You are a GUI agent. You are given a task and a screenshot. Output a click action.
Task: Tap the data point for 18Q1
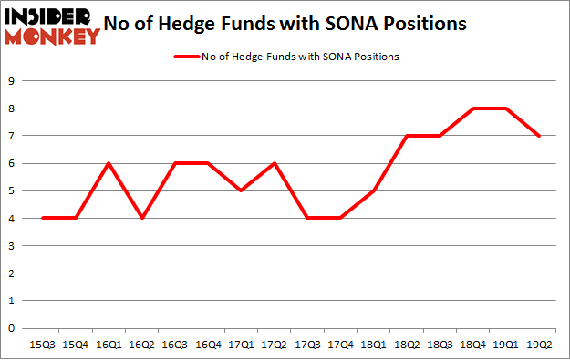pyautogui.click(x=374, y=190)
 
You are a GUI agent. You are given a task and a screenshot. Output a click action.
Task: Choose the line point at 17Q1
pyautogui.click(x=240, y=190)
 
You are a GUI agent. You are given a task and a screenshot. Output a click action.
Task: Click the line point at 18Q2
pyautogui.click(x=408, y=136)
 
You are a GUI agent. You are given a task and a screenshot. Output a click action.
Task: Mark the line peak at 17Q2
pyautogui.click(x=274, y=163)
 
